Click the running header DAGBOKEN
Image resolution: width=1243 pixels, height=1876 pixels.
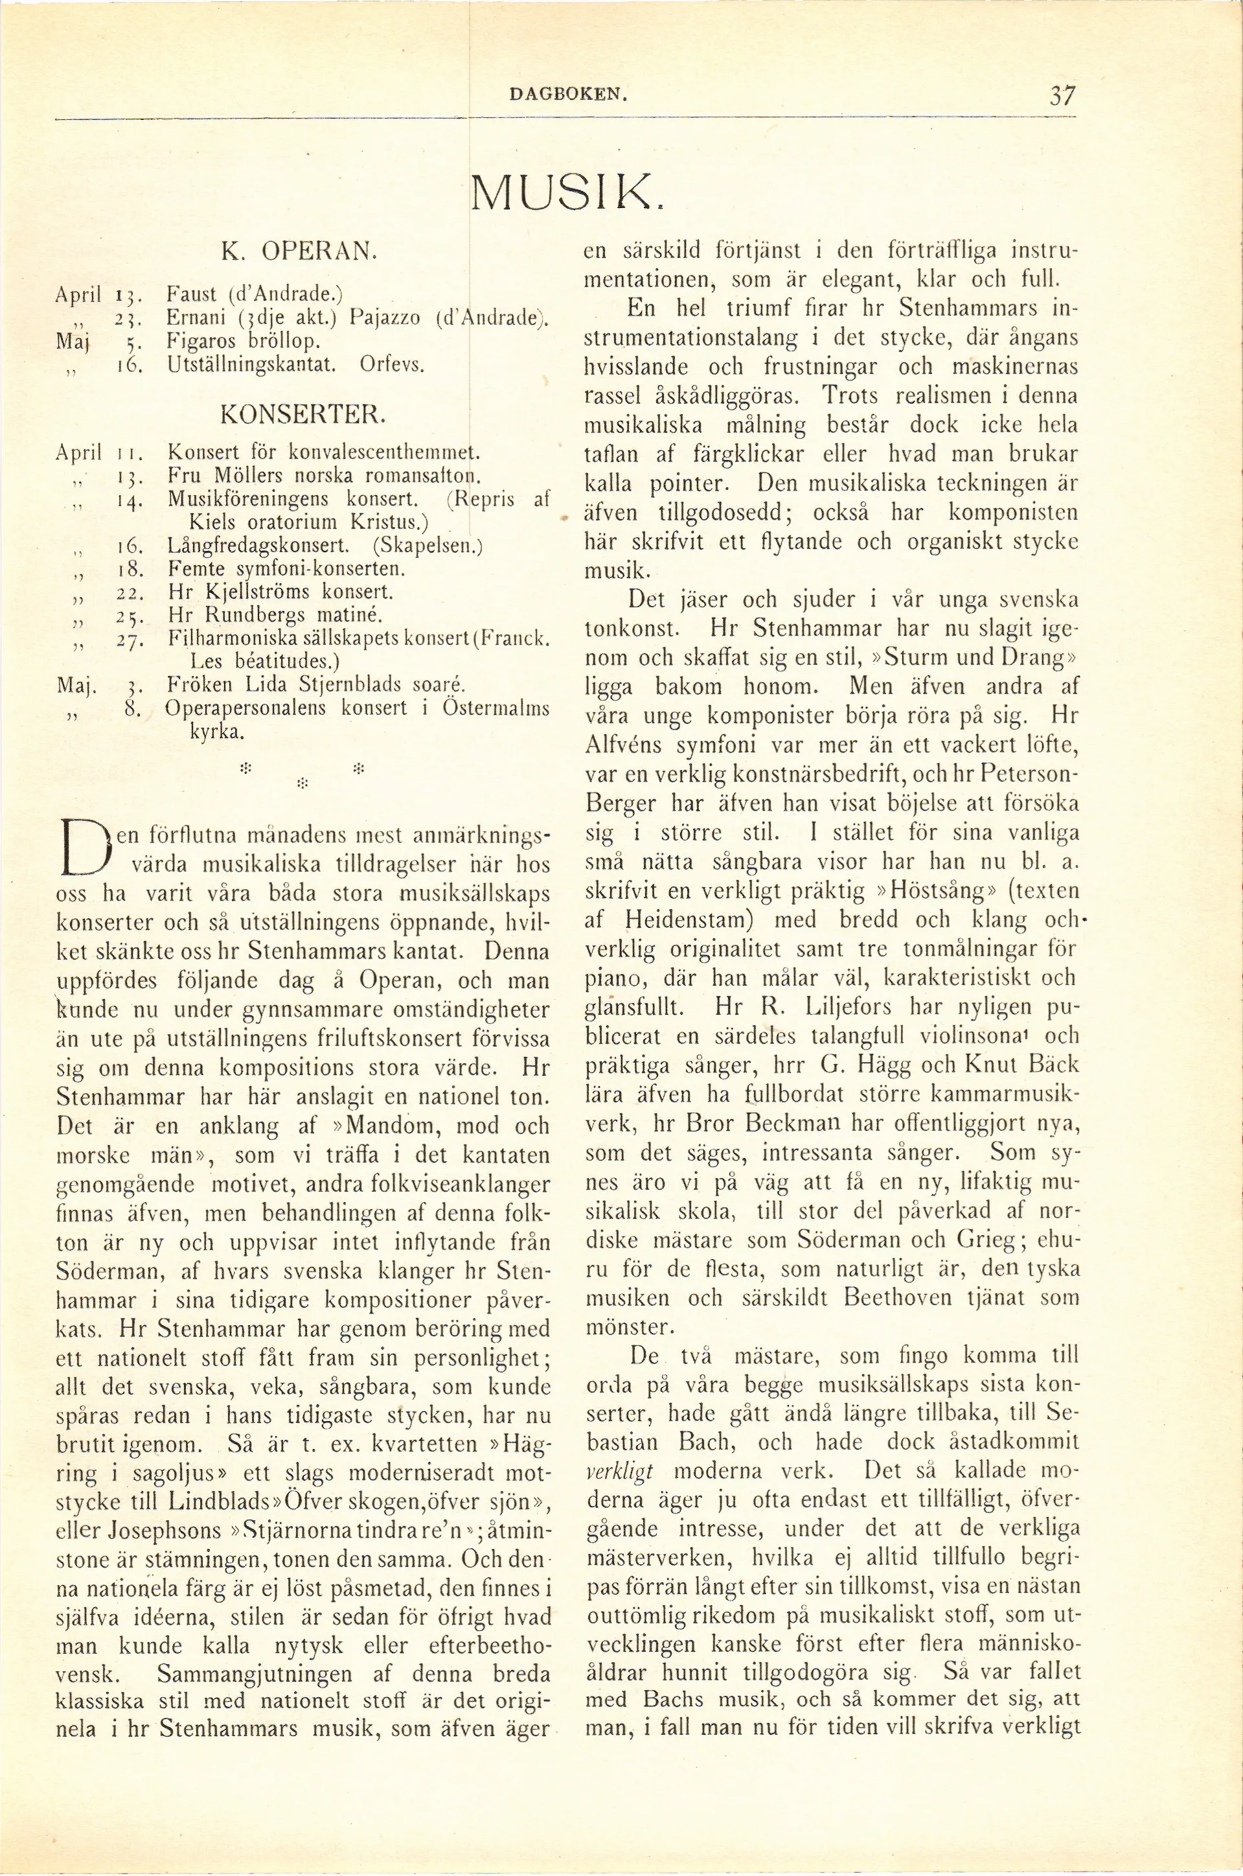coord(569,97)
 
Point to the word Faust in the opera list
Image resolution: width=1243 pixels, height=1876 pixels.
coord(192,294)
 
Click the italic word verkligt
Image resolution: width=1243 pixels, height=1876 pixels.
coord(619,1472)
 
